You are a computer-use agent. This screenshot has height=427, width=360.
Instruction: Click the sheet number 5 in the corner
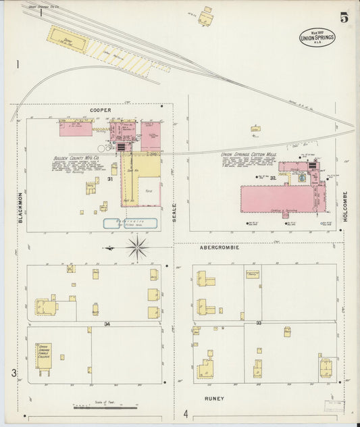click(344, 18)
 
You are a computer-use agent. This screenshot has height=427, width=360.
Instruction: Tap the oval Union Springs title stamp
click(317, 38)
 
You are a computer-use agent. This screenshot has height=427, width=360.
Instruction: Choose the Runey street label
click(214, 399)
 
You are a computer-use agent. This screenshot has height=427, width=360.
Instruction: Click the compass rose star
click(136, 248)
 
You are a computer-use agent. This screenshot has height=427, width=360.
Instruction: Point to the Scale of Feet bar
click(105, 407)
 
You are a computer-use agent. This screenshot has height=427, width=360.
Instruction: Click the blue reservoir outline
click(130, 223)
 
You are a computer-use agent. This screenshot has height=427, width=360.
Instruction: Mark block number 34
click(107, 324)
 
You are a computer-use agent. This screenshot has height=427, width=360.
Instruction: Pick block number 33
click(259, 324)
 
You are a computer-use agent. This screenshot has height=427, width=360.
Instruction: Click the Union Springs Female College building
click(44, 356)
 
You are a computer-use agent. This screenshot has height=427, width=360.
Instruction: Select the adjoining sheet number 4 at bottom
click(185, 413)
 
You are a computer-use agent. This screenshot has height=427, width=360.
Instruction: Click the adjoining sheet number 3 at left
click(13, 373)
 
